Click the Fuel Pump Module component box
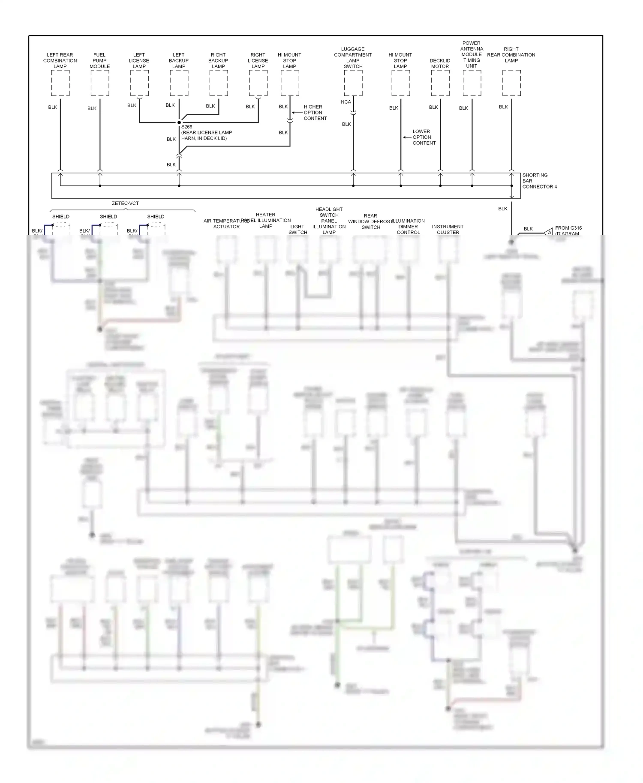point(100,83)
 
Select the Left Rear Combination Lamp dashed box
point(60,83)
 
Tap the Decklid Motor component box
point(440,83)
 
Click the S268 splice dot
point(179,123)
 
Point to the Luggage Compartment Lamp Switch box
point(353,83)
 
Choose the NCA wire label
point(346,102)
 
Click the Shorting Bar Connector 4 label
point(539,181)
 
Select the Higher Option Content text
point(315,113)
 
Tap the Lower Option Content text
point(424,137)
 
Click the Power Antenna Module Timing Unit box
point(472,83)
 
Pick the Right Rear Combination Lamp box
point(511,83)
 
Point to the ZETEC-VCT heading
point(125,203)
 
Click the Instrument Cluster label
point(448,230)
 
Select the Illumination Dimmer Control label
point(408,227)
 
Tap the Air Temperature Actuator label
point(226,224)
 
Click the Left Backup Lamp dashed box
point(179,83)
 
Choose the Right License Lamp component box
point(258,83)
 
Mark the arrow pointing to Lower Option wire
point(406,137)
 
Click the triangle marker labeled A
point(549,232)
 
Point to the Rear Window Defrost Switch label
point(370,221)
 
